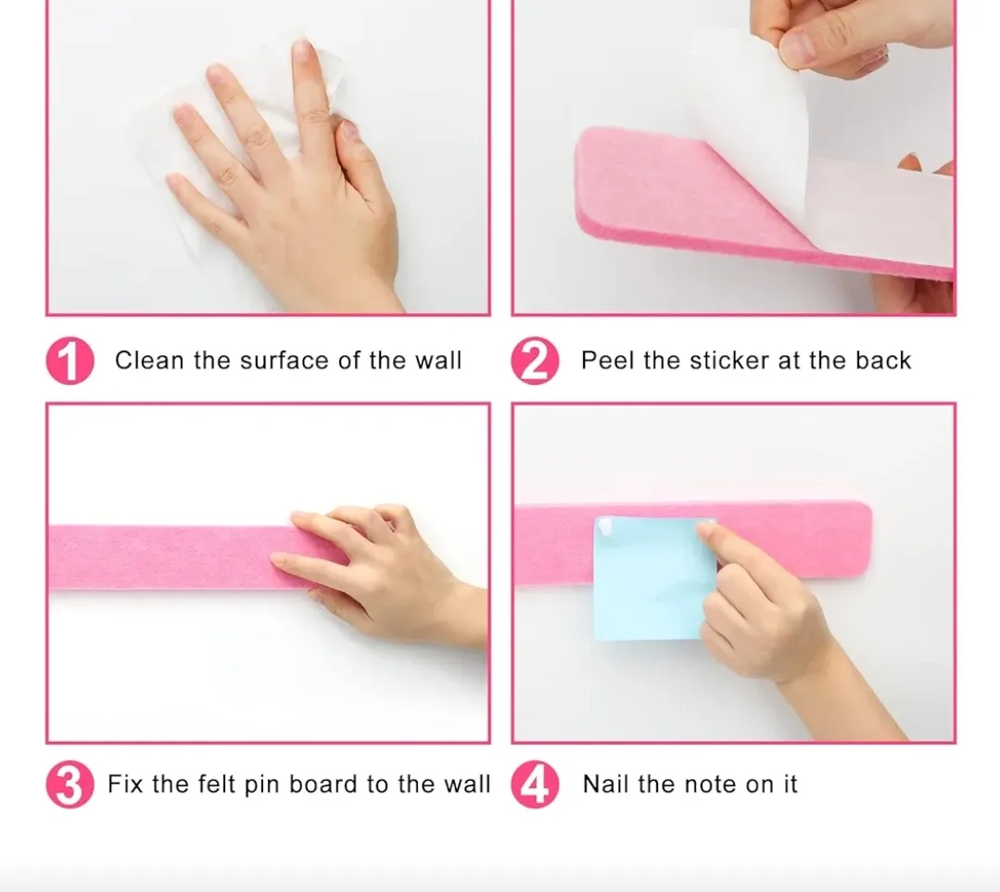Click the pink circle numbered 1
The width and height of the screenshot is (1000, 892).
point(70,362)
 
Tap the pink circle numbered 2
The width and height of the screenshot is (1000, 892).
point(535,362)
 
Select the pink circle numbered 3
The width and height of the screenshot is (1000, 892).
point(70,784)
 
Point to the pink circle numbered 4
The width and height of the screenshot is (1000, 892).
point(535,785)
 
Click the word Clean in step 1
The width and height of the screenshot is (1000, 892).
point(150,361)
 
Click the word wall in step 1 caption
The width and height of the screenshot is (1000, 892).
point(437,361)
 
